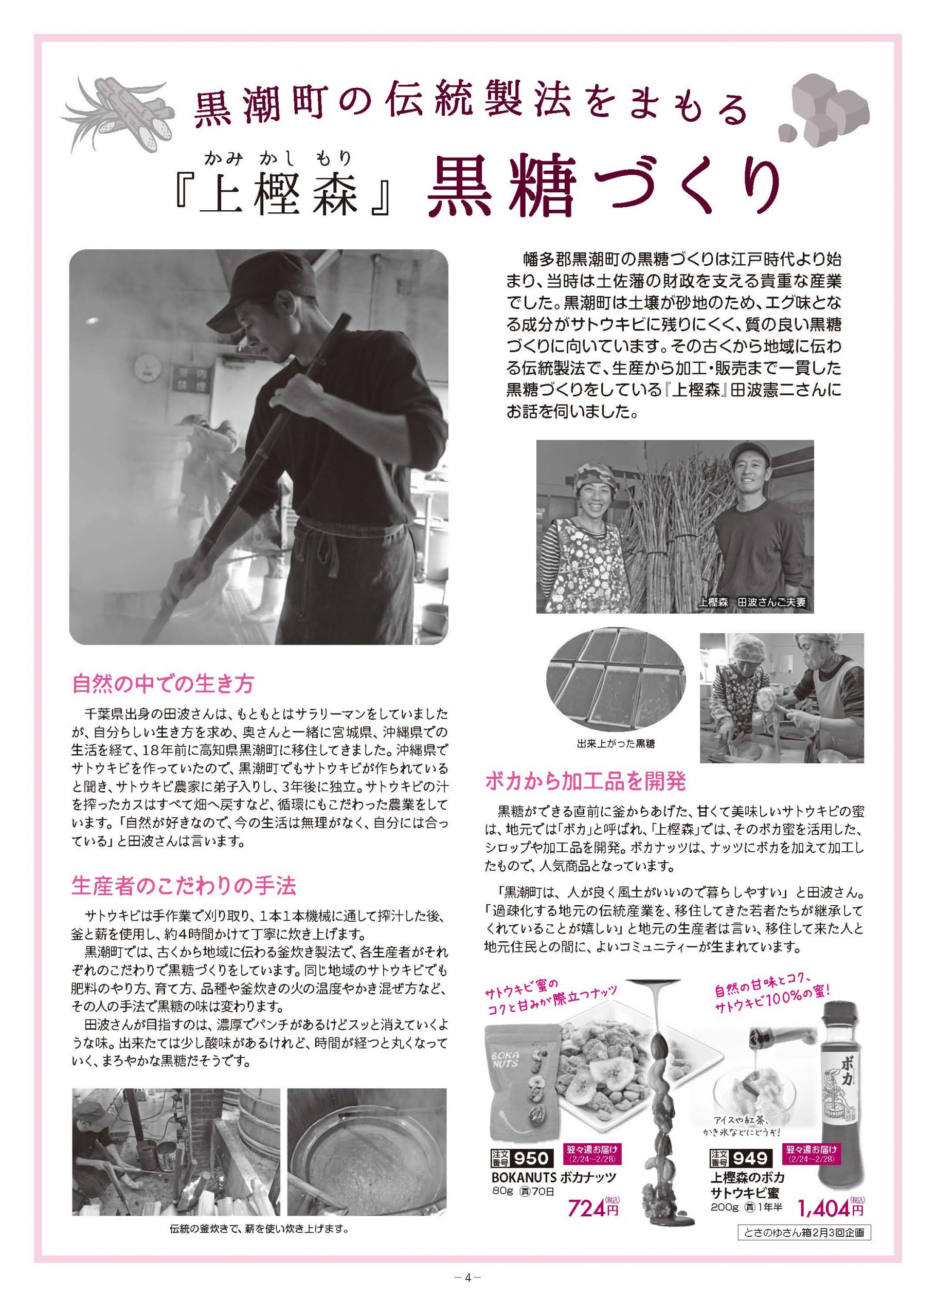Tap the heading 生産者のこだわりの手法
(184, 886)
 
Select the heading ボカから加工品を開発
(585, 781)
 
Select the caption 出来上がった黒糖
(616, 743)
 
